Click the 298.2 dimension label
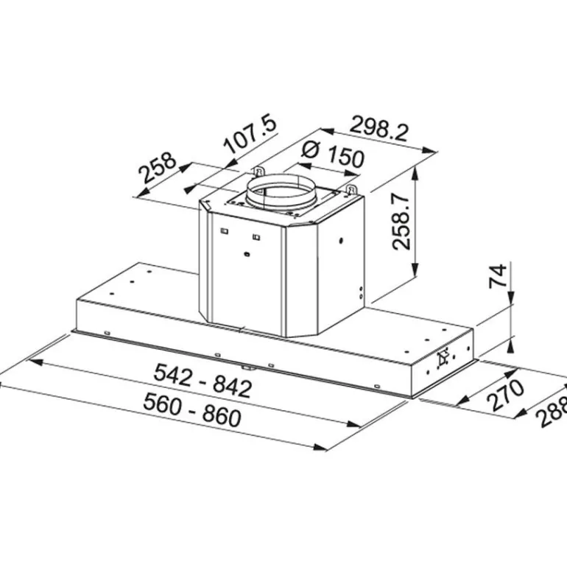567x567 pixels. coord(378,128)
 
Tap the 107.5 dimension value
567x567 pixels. coord(250,134)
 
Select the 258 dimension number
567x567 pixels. coord(158,168)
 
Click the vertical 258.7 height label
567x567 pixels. coord(402,222)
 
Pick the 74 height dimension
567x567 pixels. coord(498,276)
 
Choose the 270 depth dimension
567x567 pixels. coord(506,395)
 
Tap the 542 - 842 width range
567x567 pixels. coord(202,381)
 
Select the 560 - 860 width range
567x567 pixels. coord(192,410)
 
